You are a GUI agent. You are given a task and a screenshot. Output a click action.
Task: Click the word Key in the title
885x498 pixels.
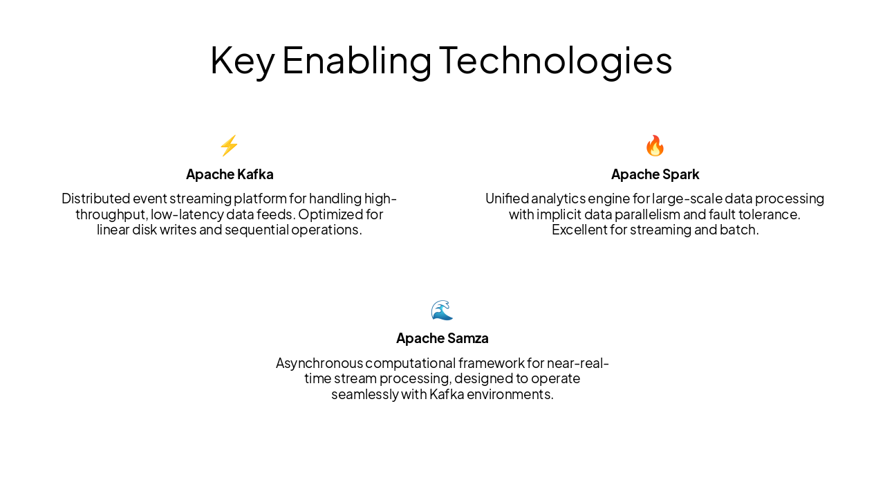(242, 60)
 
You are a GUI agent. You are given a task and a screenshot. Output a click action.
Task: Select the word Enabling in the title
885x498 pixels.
(357, 60)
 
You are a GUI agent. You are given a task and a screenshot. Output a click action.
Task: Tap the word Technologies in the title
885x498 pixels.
(555, 60)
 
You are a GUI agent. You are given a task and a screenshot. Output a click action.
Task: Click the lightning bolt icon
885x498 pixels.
(229, 146)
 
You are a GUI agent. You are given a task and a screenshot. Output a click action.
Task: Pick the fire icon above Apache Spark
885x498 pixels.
(655, 146)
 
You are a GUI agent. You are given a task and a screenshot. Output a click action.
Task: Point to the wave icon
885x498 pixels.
(442, 311)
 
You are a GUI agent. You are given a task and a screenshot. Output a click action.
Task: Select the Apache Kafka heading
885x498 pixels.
(230, 174)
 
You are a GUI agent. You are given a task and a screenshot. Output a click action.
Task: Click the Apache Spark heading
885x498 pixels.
(655, 174)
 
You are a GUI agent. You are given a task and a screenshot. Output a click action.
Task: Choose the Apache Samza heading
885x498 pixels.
(442, 338)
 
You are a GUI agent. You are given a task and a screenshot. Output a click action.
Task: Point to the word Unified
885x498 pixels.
(507, 199)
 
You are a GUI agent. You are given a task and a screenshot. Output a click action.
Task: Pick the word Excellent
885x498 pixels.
(579, 230)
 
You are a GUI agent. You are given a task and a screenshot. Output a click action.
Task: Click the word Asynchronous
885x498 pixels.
(319, 363)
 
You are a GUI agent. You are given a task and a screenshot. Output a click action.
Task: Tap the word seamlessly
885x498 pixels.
(364, 394)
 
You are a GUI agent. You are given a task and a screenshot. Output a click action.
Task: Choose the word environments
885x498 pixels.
(510, 394)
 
